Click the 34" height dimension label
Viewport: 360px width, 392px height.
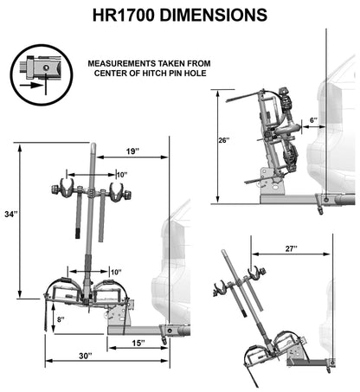11,215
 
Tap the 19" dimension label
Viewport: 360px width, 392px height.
132,151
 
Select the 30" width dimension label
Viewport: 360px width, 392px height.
86,356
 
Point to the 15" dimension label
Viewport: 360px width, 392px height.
138,343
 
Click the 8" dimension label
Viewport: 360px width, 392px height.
61,319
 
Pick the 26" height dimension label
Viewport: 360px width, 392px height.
224,140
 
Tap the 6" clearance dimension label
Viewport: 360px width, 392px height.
314,120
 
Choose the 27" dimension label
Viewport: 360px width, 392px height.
291,248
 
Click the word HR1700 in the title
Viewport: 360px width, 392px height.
124,15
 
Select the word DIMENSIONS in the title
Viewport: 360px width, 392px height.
214,15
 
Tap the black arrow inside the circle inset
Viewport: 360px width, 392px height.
31,85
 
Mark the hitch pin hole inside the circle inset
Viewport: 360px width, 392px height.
45,67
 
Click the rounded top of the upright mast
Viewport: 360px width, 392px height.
93,147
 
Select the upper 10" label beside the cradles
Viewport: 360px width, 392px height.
122,175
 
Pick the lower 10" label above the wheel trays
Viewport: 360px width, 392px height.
116,272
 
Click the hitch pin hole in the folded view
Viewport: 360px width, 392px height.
326,200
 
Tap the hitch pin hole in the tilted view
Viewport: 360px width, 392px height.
332,362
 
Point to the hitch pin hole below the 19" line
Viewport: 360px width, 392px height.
170,331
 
